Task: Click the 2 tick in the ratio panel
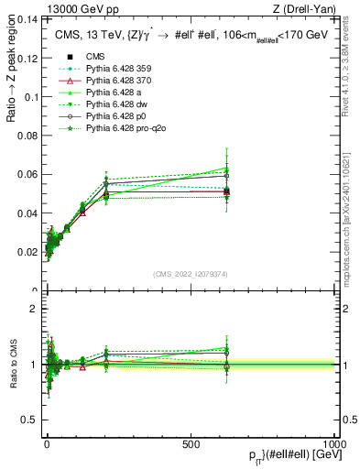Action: (33, 309)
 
